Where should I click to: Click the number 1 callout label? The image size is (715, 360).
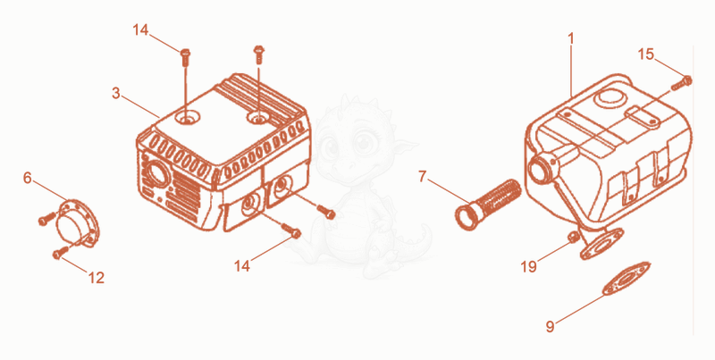click(x=570, y=39)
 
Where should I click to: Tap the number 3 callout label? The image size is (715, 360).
click(x=116, y=94)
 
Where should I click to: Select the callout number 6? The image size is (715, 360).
click(x=28, y=178)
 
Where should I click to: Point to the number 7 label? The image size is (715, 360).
click(x=422, y=177)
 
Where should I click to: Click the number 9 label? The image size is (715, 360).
click(x=551, y=326)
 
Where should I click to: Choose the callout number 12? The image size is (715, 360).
click(x=97, y=278)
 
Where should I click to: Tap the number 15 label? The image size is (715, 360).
click(x=645, y=54)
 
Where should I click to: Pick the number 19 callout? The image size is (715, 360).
click(x=529, y=266)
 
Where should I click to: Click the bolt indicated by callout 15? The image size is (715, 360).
click(x=682, y=83)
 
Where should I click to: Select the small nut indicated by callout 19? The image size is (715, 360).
click(x=573, y=237)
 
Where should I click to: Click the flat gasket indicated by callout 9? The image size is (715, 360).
click(x=627, y=279)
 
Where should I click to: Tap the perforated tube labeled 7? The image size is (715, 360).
click(x=487, y=204)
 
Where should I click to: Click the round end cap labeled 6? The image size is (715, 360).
click(x=77, y=224)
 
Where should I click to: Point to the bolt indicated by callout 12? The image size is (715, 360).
click(x=60, y=252)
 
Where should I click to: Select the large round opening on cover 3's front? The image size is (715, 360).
click(x=157, y=173)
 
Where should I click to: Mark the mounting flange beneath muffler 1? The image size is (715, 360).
click(x=601, y=243)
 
